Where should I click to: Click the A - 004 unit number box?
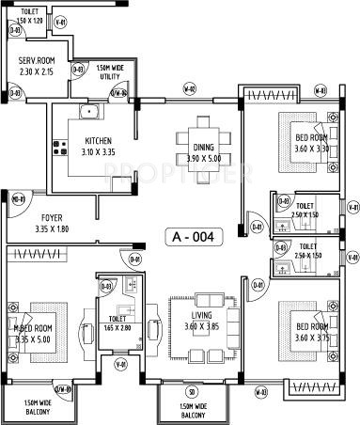195,237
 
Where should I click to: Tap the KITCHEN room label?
98,144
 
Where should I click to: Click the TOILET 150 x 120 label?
31,16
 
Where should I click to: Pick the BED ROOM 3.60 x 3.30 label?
311,143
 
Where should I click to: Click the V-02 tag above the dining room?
189,89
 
